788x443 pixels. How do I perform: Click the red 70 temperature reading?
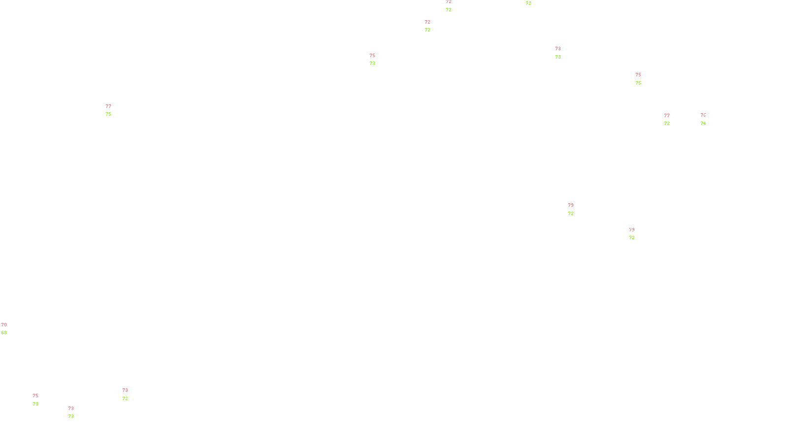[x=4, y=325]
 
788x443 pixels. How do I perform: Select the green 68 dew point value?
[x=4, y=333]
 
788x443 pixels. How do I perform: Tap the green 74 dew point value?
[x=703, y=124]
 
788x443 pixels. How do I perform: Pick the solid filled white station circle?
[x=40, y=400]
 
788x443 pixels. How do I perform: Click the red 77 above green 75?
[x=108, y=106]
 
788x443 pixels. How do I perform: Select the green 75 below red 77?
[x=108, y=114]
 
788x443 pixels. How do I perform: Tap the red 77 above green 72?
[x=667, y=116]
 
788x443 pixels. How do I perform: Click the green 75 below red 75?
[x=638, y=83]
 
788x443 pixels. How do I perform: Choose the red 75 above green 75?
[x=638, y=75]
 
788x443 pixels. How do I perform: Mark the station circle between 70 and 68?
[x=8, y=329]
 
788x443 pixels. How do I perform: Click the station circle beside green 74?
[x=708, y=120]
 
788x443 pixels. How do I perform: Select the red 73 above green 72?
[x=125, y=390]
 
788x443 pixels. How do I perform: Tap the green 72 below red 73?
[x=125, y=399]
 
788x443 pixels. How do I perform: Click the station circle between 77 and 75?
[x=113, y=110]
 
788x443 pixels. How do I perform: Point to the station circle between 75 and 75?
[x=643, y=79]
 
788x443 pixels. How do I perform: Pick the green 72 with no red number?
[x=528, y=3]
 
